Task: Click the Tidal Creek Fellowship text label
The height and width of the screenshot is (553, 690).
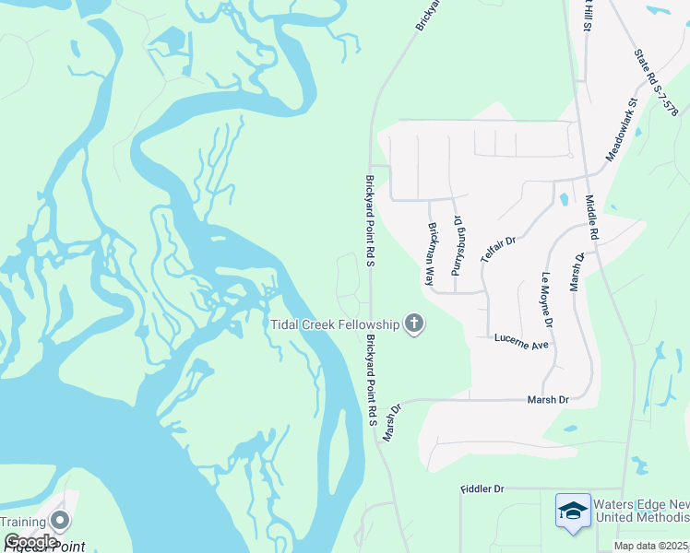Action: coord(335,324)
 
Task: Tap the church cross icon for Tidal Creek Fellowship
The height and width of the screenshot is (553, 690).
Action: coord(414,324)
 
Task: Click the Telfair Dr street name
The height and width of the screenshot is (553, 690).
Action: coord(497,250)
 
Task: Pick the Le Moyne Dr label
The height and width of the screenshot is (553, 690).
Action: coord(546,300)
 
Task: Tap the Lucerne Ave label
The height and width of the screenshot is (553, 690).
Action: coord(521,341)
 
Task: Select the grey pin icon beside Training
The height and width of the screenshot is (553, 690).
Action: coord(61,521)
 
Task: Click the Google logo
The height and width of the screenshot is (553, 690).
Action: coord(30,542)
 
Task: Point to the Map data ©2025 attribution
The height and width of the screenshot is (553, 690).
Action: coord(651,546)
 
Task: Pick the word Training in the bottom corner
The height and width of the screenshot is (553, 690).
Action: coord(21,522)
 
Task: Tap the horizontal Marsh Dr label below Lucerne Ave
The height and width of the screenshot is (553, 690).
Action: coord(548,400)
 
